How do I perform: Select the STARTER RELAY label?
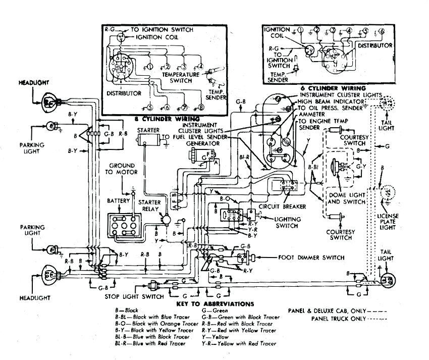pos(149,205)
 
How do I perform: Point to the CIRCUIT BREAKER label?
pos(277,206)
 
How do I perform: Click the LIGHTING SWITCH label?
pos(287,223)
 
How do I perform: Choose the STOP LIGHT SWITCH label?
pos(134,296)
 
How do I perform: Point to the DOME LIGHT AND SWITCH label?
pos(346,198)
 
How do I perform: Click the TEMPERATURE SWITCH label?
pos(181,77)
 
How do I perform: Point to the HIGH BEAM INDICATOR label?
pos(331,101)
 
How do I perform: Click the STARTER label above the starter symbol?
pos(148,130)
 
